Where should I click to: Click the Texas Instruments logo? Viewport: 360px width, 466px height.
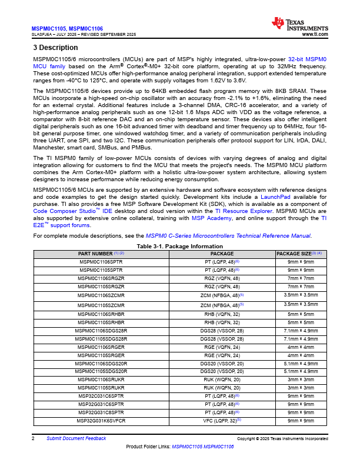click(299, 24)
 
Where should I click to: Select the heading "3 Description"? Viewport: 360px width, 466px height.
click(55, 48)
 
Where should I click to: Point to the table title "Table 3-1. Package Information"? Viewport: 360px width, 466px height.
click(179, 246)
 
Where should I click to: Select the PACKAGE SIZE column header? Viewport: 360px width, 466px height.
click(299, 253)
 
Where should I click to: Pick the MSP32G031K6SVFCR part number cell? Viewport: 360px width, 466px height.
click(101, 421)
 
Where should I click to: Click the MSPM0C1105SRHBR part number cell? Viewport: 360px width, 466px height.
click(101, 322)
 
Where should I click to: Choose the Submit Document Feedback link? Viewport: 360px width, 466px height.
click(76, 438)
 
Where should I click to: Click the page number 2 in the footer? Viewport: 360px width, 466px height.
click(34, 438)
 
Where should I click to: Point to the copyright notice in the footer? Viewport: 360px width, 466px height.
click(282, 439)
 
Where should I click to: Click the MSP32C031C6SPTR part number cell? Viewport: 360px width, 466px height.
click(101, 397)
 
